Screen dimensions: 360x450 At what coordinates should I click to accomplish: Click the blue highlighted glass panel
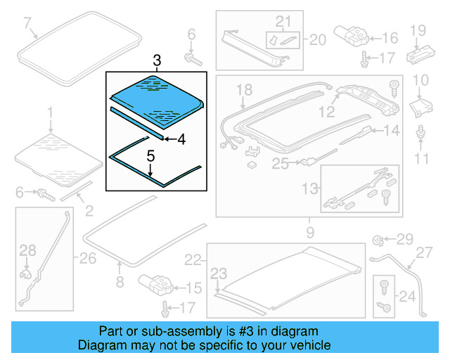[x=155, y=95]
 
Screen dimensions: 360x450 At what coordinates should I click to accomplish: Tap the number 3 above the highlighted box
[x=157, y=60]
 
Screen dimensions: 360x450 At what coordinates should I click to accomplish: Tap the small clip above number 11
[x=420, y=132]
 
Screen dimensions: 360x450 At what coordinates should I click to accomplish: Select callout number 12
[x=326, y=111]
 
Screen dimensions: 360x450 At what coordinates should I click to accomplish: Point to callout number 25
[x=281, y=164]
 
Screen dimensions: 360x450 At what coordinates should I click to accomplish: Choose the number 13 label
[x=310, y=188]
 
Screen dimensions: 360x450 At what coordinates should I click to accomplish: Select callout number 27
[x=423, y=253]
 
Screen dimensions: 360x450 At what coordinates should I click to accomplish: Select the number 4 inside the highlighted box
[x=181, y=139]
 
